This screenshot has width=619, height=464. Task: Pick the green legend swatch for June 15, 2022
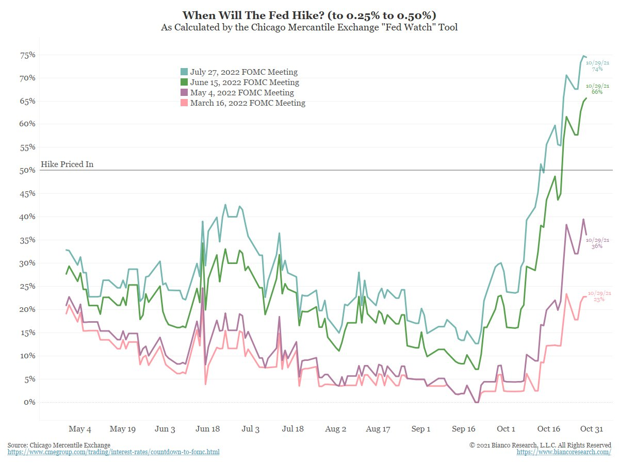pyautogui.click(x=184, y=82)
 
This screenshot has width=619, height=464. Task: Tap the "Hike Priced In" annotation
pyautogui.click(x=67, y=165)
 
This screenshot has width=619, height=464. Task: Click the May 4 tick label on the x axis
pyautogui.click(x=79, y=429)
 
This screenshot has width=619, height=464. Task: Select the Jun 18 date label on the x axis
pyautogui.click(x=208, y=429)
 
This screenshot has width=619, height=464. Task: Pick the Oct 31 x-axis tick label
pyautogui.click(x=592, y=429)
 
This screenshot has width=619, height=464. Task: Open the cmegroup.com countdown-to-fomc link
pyautogui.click(x=113, y=452)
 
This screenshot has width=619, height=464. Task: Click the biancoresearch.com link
pyautogui.click(x=564, y=452)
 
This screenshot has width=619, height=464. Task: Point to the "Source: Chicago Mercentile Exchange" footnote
pyautogui.click(x=59, y=445)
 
